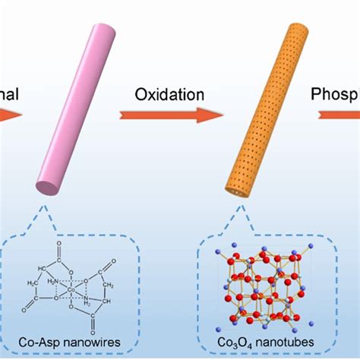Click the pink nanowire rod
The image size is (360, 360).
75,106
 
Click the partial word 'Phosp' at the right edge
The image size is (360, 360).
335,95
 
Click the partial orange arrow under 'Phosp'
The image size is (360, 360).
338,115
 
